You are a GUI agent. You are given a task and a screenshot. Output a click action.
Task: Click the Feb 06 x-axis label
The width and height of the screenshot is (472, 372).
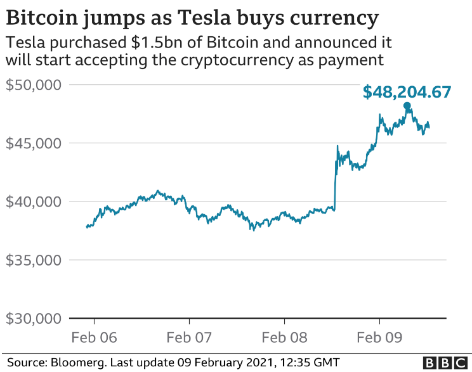point(94,338)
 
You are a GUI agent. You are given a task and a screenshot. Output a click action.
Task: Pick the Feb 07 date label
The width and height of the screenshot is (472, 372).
point(189,338)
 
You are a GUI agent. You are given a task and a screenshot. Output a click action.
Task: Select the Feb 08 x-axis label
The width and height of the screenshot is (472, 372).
point(284,338)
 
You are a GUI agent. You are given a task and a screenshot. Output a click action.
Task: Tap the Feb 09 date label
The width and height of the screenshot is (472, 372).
point(379,338)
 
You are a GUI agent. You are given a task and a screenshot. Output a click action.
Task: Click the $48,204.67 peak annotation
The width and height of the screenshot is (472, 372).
point(407,92)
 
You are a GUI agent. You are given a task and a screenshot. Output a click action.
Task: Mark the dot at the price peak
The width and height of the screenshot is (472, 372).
point(407,106)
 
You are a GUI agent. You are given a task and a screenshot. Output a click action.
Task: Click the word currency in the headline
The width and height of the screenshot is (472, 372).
point(336,17)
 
